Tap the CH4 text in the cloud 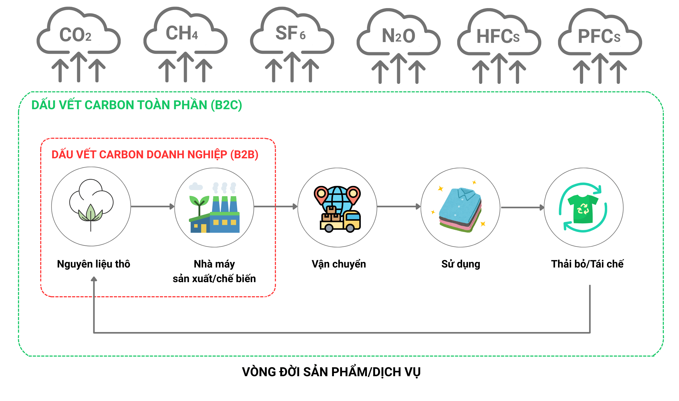coord(182,33)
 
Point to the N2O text coord(398,36)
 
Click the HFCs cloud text coord(498,37)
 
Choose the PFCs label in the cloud coord(599,37)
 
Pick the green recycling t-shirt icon coord(583,210)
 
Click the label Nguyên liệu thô coord(94,264)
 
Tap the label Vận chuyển coord(339,264)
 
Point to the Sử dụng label coord(461,264)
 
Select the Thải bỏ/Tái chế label coord(587,264)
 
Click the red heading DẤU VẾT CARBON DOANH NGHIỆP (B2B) coord(155,155)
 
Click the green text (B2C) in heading coord(227,105)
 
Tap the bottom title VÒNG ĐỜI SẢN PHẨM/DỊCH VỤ coord(331,372)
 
